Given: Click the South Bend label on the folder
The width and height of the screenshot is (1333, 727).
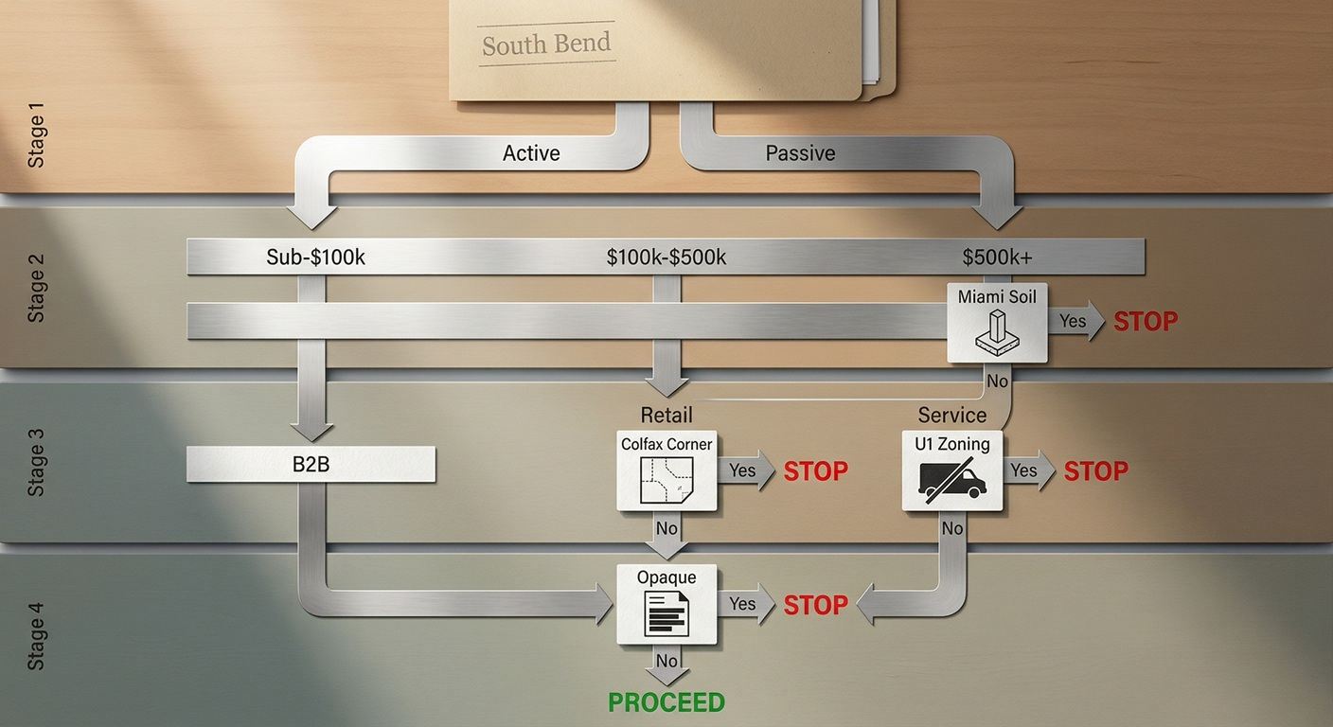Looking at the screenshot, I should pyautogui.click(x=546, y=44).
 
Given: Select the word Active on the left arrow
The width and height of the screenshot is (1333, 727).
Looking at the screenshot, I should pyautogui.click(x=531, y=153).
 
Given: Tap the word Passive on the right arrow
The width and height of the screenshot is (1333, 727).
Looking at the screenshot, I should pyautogui.click(x=800, y=153).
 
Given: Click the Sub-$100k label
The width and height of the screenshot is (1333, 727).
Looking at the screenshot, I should pyautogui.click(x=316, y=257).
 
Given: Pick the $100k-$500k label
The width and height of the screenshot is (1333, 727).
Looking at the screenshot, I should pyautogui.click(x=666, y=257).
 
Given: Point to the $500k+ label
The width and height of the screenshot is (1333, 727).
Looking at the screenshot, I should pyautogui.click(x=998, y=257).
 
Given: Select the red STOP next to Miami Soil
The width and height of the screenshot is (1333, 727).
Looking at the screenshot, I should pyautogui.click(x=1146, y=322).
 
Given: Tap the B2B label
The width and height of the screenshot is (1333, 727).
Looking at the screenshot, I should pyautogui.click(x=311, y=465).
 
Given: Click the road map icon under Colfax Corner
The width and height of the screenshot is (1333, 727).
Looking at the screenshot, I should pyautogui.click(x=666, y=480).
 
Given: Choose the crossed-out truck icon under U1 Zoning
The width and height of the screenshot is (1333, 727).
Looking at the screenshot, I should pyautogui.click(x=952, y=480).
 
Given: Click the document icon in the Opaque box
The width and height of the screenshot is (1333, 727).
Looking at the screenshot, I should pyautogui.click(x=666, y=613).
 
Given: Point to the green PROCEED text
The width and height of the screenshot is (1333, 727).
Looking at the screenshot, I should pyautogui.click(x=666, y=702).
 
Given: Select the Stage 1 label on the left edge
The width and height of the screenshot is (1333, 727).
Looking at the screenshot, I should pyautogui.click(x=37, y=140).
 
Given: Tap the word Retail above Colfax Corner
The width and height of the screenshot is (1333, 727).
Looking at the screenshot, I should pyautogui.click(x=666, y=415).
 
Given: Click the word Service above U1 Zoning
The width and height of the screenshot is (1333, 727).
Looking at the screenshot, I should pyautogui.click(x=952, y=415).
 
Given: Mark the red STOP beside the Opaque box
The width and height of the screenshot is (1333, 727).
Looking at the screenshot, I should pyautogui.click(x=816, y=604).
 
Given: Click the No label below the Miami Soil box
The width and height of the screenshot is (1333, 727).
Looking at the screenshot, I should pyautogui.click(x=998, y=381).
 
